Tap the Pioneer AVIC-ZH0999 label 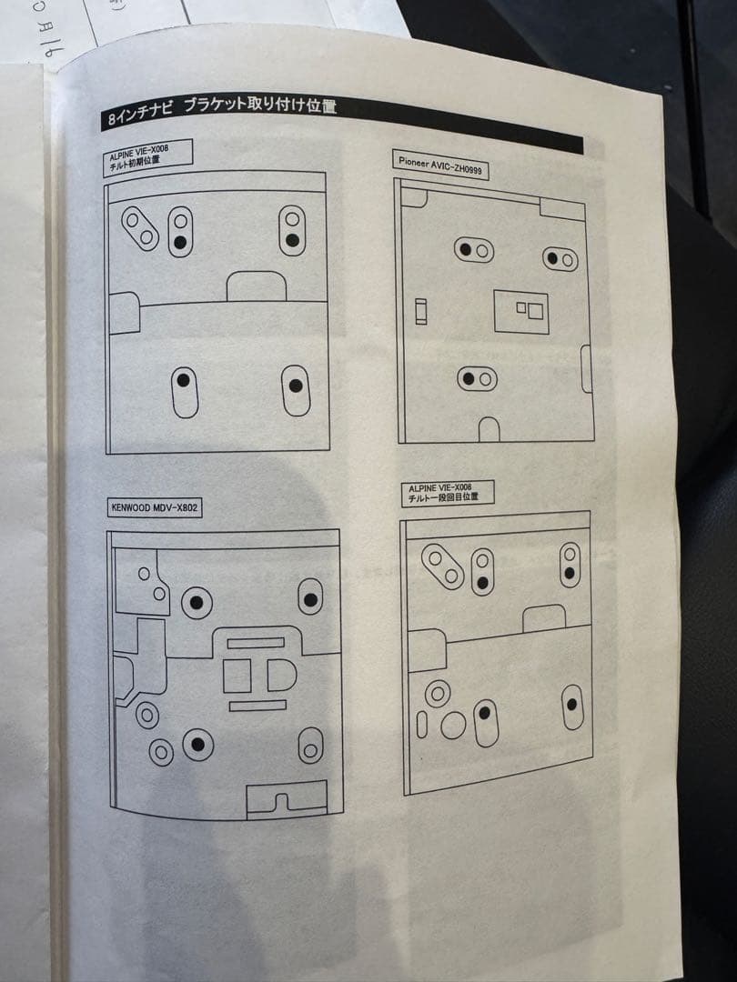tap(440, 167)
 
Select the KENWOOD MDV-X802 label tap(153, 507)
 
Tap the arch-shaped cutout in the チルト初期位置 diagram tap(256, 285)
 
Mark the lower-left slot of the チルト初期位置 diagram tap(184, 389)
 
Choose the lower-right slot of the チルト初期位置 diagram tap(295, 390)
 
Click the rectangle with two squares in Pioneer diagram tap(521, 311)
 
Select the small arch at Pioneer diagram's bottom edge tap(489, 429)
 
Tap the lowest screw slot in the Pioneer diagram tap(476, 377)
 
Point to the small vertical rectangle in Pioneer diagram tap(419, 312)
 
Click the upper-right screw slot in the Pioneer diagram tap(560, 259)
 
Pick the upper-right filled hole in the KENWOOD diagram tap(312, 598)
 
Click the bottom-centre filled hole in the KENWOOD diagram tap(197, 745)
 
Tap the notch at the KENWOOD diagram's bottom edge tap(287, 802)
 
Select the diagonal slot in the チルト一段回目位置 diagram tap(444, 566)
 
